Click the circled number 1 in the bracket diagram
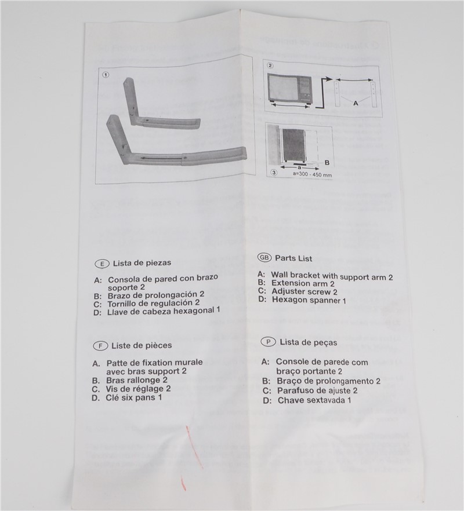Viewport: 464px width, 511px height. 106,75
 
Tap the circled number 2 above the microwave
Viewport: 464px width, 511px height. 270,65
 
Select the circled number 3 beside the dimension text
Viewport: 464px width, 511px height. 274,173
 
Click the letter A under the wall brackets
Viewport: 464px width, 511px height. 356,103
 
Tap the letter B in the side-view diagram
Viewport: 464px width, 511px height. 327,163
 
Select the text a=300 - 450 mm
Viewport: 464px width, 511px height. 312,174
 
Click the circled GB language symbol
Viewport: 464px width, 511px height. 264,257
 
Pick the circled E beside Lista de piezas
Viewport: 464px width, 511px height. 102,264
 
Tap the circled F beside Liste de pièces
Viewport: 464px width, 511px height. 100,346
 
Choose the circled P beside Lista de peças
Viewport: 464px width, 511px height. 269,342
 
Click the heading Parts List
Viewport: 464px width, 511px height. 293,258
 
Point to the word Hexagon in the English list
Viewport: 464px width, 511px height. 291,299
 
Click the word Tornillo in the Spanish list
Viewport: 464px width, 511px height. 125,304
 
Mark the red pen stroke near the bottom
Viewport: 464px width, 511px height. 194,447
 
